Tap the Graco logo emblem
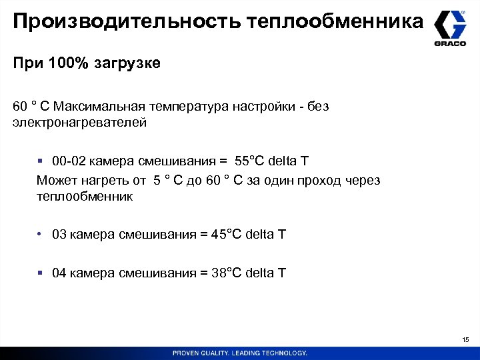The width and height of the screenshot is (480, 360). pos(450,25)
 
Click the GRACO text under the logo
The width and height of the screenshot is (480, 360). pos(450,44)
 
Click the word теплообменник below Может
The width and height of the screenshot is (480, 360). pos(85,197)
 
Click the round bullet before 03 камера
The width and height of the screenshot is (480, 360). pos(41,234)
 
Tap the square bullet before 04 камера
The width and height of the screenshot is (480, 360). pos(41,273)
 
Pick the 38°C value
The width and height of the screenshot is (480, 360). pos(227,273)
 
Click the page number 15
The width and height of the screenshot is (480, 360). pos(465,341)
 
